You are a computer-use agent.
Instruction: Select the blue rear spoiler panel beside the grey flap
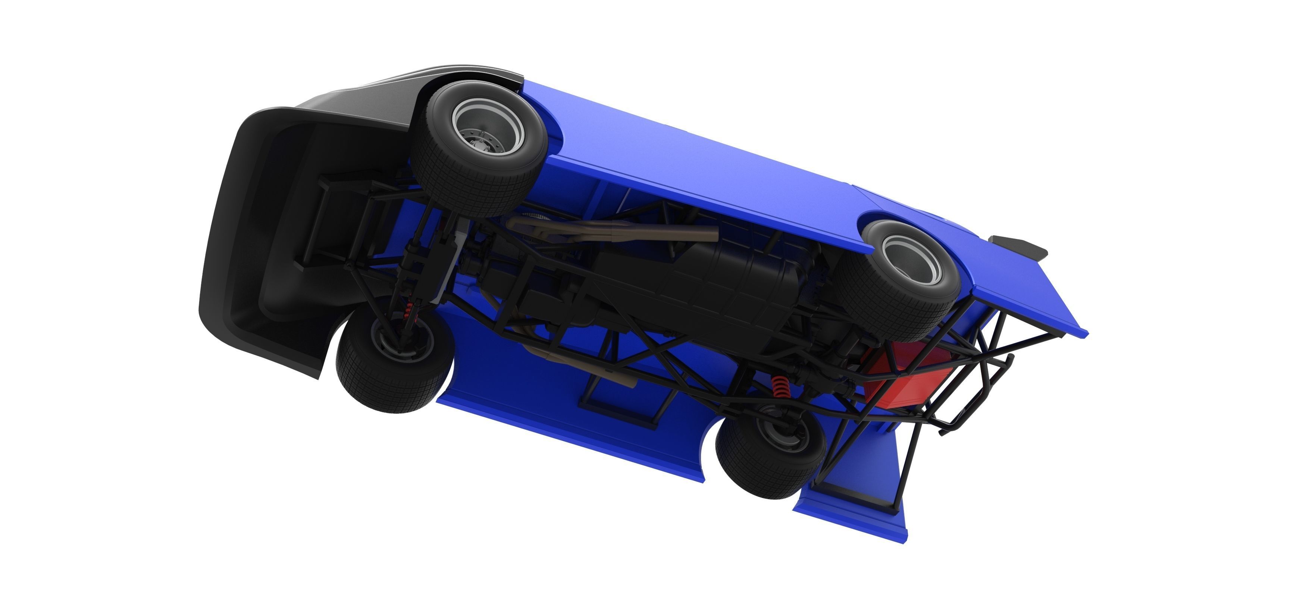pos(1034,294)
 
